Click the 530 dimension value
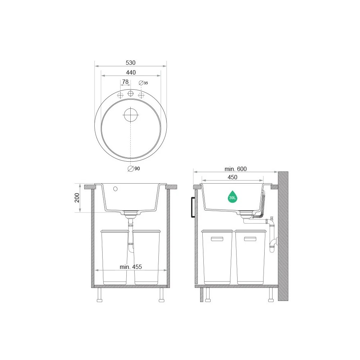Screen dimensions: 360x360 (x=131, y=63)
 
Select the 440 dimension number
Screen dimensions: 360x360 (x=131, y=73)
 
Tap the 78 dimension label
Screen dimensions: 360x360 (x=125, y=82)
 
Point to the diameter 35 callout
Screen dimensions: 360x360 (x=144, y=83)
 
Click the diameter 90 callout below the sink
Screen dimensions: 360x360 (x=134, y=169)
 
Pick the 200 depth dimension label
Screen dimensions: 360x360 (x=77, y=198)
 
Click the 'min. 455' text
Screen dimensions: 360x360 (x=131, y=267)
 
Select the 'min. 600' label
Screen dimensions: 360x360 (x=235, y=169)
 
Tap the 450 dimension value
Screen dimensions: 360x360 (x=232, y=177)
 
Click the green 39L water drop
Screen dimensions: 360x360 (x=233, y=197)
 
